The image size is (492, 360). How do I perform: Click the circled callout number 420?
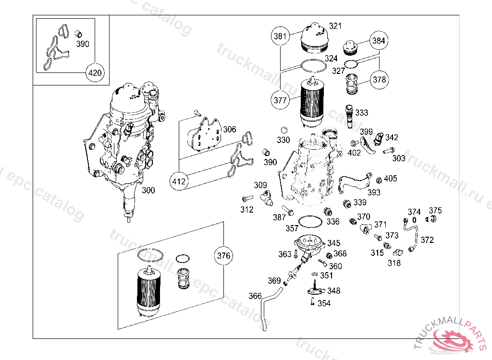(x=94, y=73)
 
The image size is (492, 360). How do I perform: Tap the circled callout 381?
(x=280, y=36)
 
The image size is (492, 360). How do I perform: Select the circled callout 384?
(x=379, y=41)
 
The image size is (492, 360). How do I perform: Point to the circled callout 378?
(x=380, y=80)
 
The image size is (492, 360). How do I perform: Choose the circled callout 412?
(x=179, y=182)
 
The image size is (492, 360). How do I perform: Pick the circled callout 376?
(x=224, y=256)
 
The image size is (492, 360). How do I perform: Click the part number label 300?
(x=148, y=191)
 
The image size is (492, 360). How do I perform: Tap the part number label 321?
(x=335, y=26)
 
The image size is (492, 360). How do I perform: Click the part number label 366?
(x=255, y=296)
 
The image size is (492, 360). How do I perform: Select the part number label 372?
(x=427, y=240)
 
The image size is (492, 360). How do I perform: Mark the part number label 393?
(x=374, y=192)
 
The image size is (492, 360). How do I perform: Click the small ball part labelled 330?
(x=284, y=130)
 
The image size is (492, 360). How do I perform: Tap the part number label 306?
(x=230, y=129)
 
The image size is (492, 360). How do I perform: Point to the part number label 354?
(x=324, y=303)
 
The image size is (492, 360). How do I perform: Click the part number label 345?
(x=334, y=243)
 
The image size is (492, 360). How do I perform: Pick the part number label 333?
(x=362, y=113)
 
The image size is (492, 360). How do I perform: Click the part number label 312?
(x=247, y=209)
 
